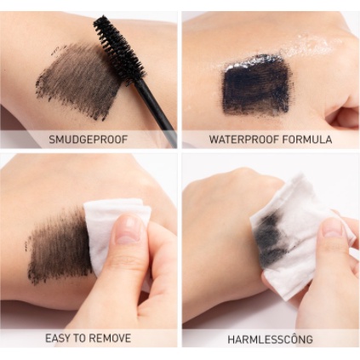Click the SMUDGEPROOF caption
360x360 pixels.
tap(89, 139)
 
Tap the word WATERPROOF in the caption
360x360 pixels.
tap(240, 139)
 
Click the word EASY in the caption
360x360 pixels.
tap(59, 338)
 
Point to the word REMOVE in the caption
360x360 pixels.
tap(111, 338)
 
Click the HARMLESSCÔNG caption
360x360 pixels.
tap(270, 339)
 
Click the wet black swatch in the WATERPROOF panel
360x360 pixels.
tap(256, 84)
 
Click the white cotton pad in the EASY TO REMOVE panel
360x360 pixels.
tap(115, 221)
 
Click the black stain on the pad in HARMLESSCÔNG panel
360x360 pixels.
tap(271, 239)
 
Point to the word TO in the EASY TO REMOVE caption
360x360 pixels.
tap(82, 338)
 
